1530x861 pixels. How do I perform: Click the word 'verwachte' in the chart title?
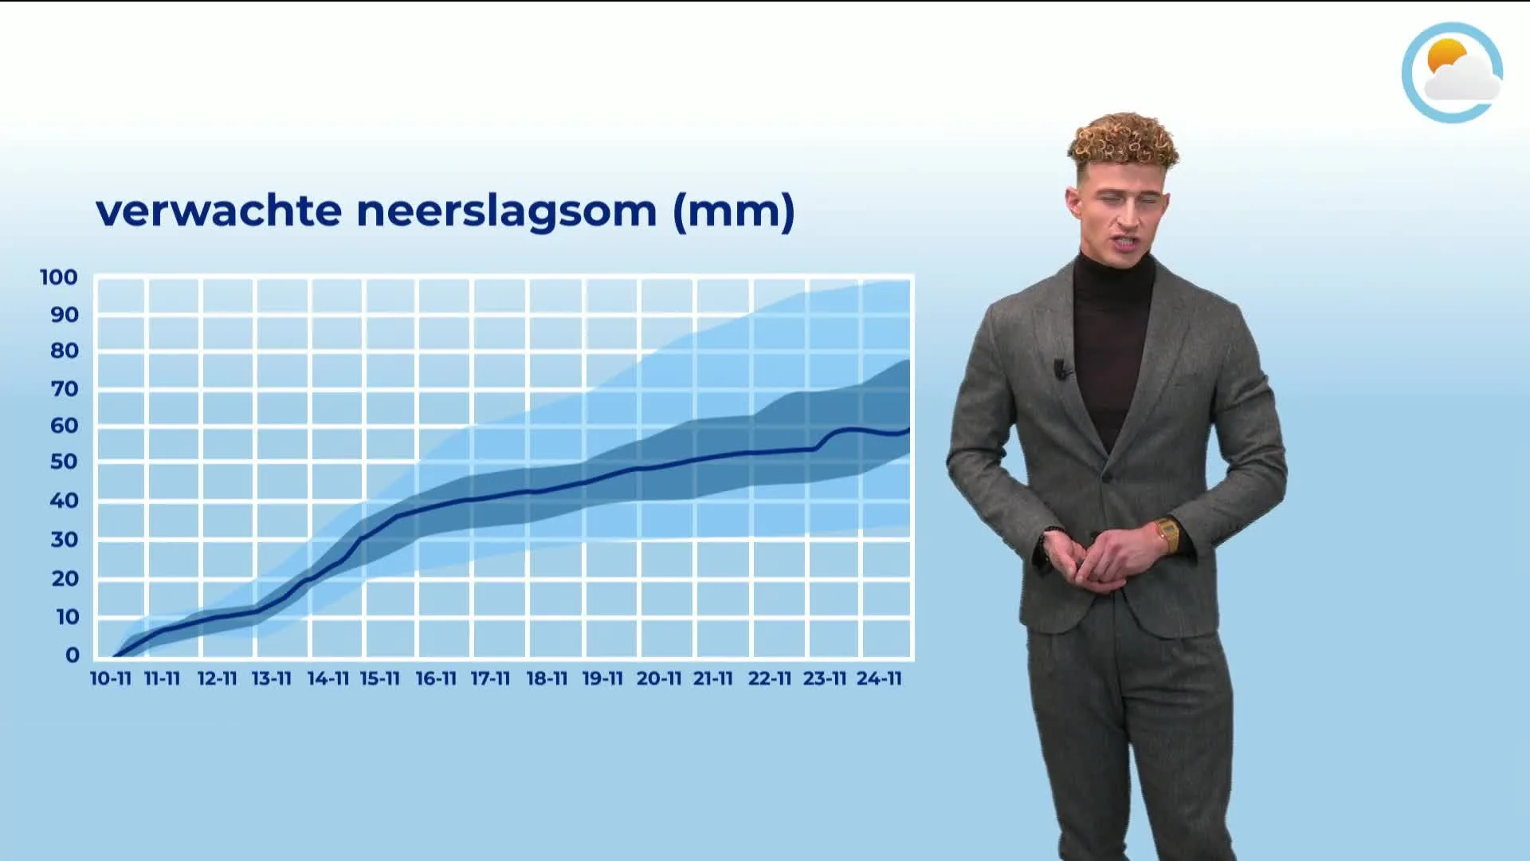click(218, 211)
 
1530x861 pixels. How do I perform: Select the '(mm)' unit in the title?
click(734, 211)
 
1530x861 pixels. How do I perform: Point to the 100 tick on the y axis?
click(59, 277)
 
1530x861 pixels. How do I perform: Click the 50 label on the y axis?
click(64, 462)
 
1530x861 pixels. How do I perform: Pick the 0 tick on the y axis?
click(73, 655)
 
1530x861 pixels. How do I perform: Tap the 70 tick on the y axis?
click(64, 389)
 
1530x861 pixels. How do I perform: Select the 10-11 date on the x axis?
click(110, 679)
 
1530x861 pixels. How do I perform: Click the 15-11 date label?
click(379, 679)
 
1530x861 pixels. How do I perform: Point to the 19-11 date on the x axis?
click(602, 679)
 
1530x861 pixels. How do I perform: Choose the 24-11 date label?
click(879, 679)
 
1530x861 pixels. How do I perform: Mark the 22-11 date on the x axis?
click(769, 679)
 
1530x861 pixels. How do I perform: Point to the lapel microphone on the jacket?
click(1061, 368)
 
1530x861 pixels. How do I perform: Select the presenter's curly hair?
click(1124, 140)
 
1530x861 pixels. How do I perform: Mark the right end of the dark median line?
click(908, 431)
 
